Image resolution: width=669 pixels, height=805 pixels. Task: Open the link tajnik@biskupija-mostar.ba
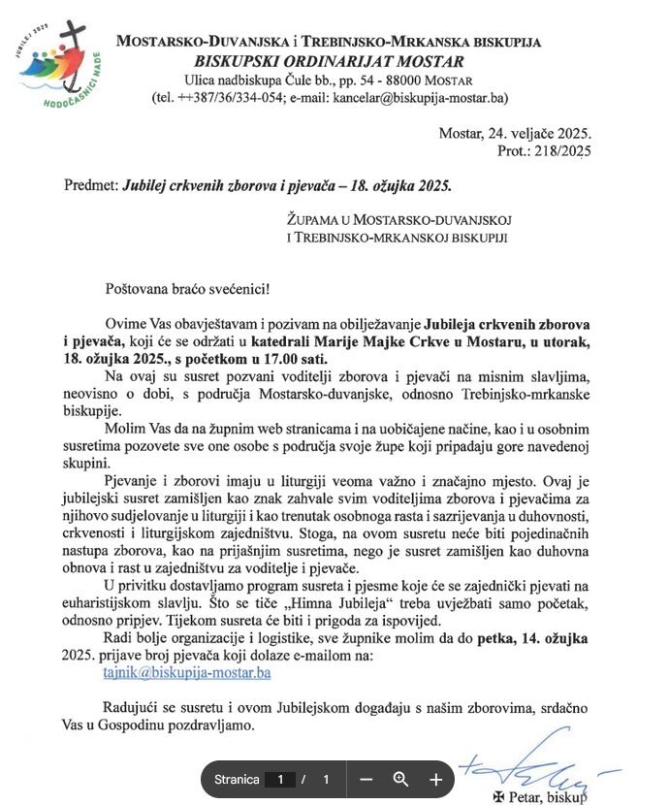tap(200, 671)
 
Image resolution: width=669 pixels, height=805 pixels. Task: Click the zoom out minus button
tap(366, 779)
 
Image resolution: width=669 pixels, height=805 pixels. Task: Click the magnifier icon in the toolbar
tap(400, 779)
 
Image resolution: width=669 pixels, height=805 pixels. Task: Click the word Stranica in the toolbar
tap(237, 779)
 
